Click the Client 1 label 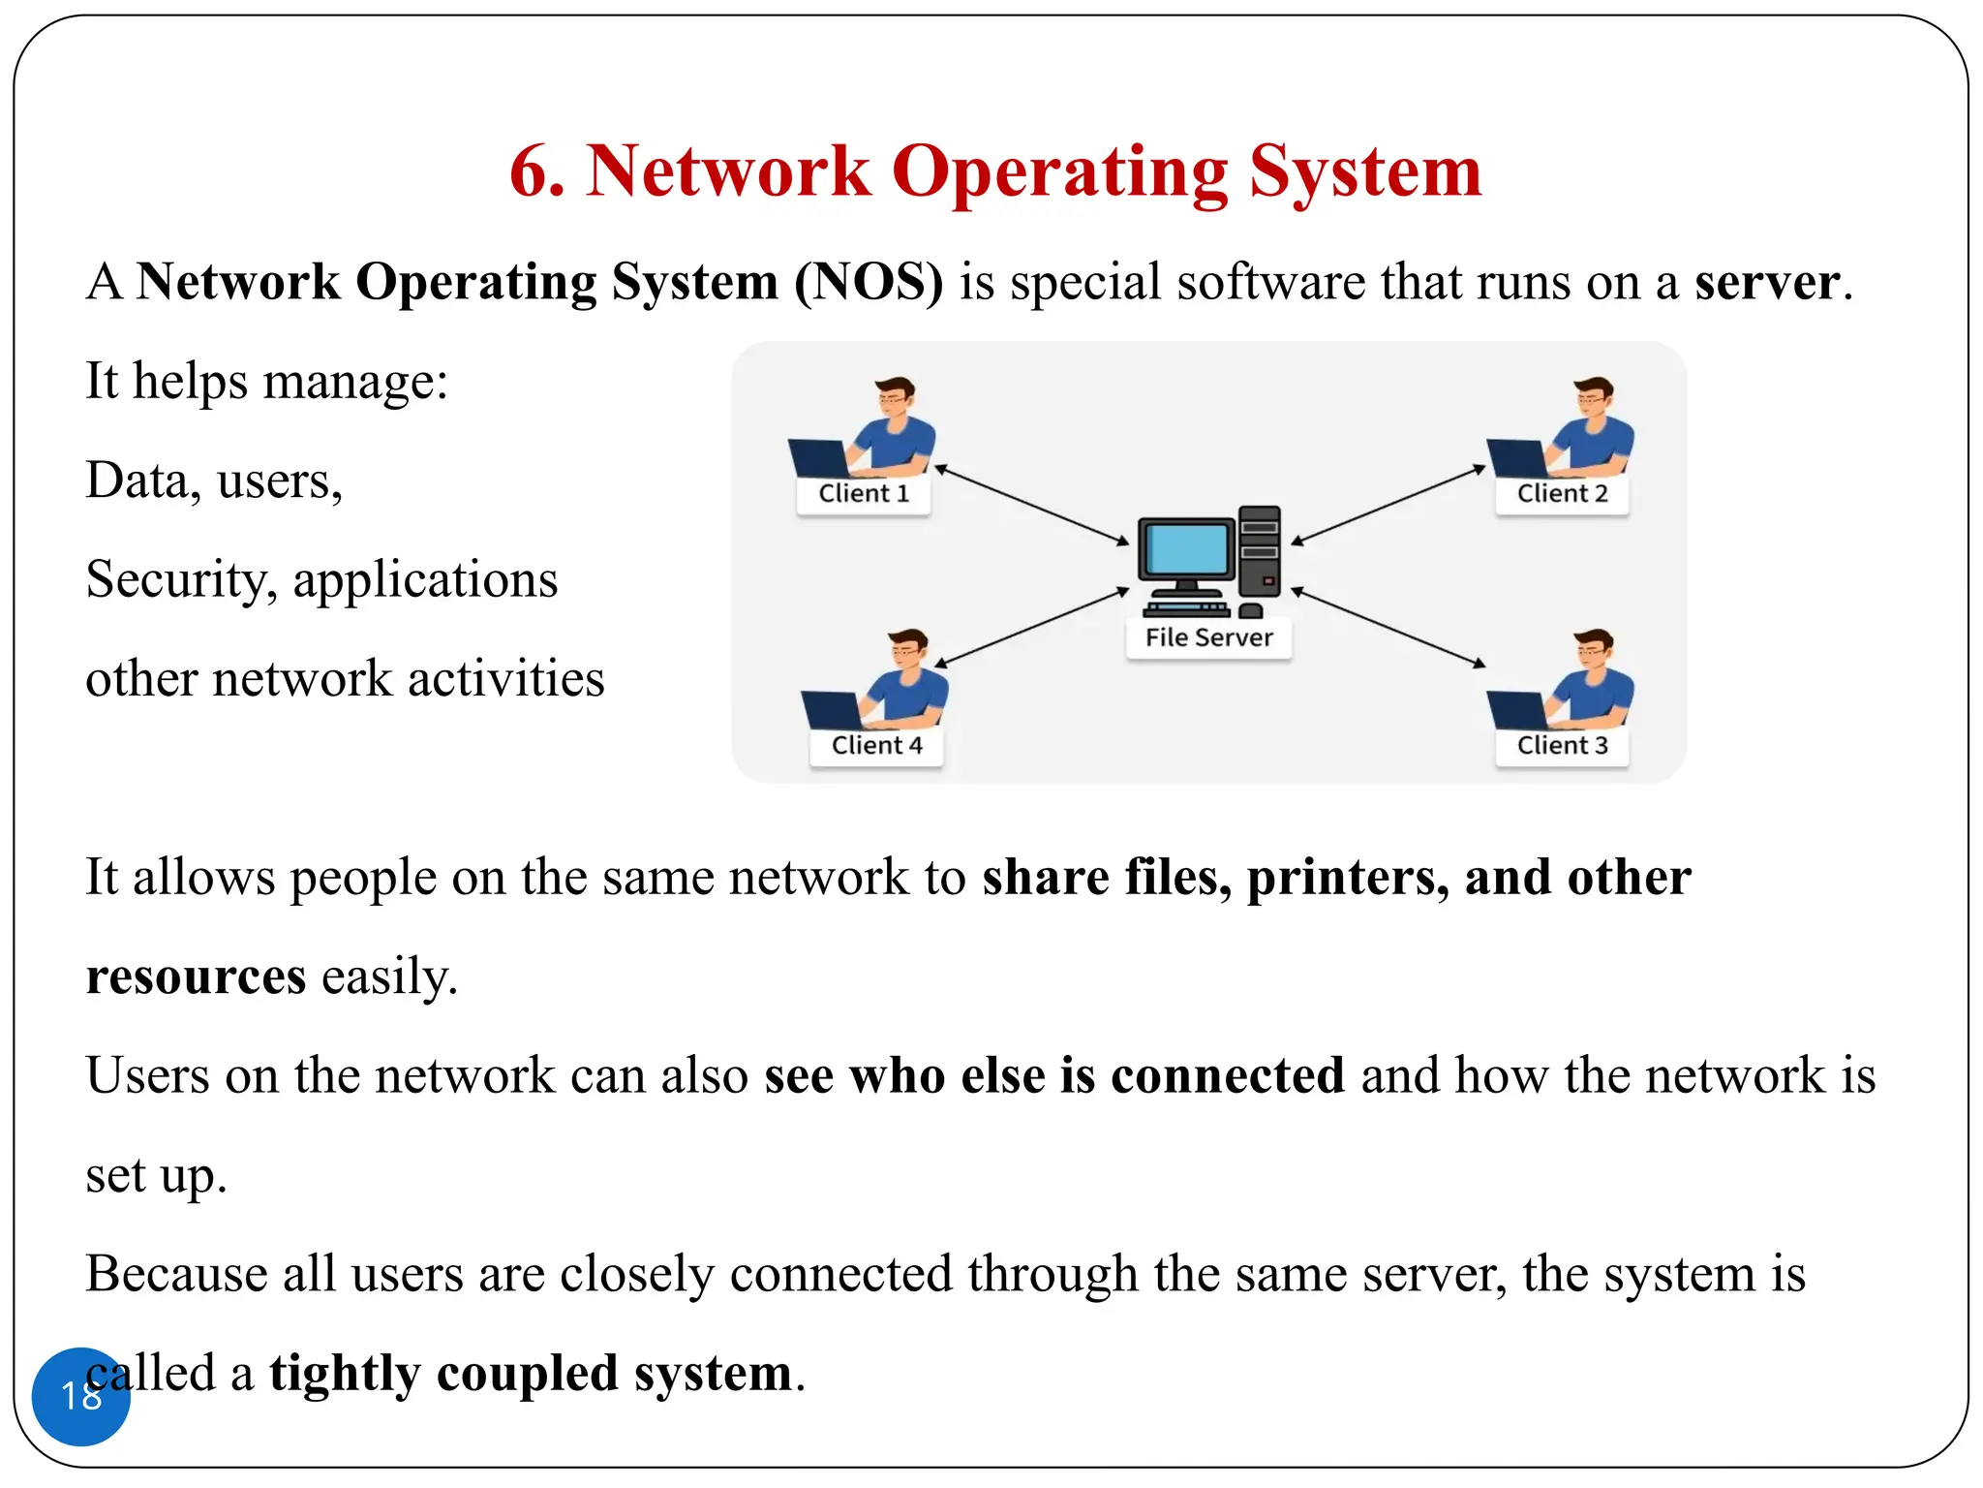point(864,494)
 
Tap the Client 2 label point(1562,494)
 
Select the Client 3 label point(1562,746)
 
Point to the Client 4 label point(876,746)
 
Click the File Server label point(1208,638)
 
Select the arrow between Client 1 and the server point(1031,505)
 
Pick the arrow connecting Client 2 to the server point(1388,505)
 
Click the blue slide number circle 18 point(80,1396)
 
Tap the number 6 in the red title point(534,172)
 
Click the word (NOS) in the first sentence point(869,283)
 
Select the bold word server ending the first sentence point(1766,283)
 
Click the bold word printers point(1347,878)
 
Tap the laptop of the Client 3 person point(1518,709)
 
